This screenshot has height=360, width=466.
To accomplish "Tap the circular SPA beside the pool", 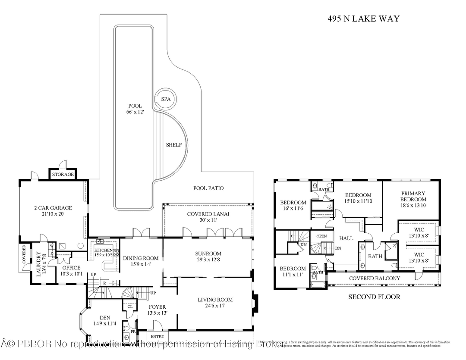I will coord(166,99).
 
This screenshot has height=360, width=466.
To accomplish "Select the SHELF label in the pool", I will coord(174,145).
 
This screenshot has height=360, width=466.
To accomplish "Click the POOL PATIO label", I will coord(208,188).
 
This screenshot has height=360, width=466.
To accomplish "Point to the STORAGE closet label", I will coord(63,175).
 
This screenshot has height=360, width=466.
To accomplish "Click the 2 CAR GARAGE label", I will coord(53,208).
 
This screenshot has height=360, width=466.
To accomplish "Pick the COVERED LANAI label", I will coord(208,214).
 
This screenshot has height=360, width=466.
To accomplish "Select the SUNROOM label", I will coord(208,254).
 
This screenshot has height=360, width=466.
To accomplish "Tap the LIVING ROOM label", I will coord(215,300).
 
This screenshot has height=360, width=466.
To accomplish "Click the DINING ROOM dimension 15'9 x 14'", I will coord(141,264).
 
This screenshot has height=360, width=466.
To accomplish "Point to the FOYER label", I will coord(157,307).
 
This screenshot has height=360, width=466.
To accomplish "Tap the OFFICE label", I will coord(71,268).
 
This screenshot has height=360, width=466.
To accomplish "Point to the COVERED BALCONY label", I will coord(375,279).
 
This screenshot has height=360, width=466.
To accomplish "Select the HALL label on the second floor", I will coord(346,238).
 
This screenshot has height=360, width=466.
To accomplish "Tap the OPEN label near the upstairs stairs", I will coord(321,236).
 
